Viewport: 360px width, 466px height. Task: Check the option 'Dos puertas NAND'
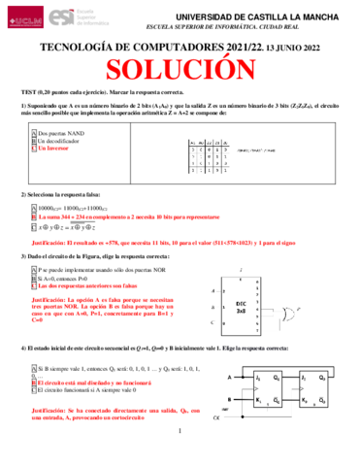[x=61, y=130]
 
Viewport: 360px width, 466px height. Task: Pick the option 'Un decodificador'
[x=63, y=140]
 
